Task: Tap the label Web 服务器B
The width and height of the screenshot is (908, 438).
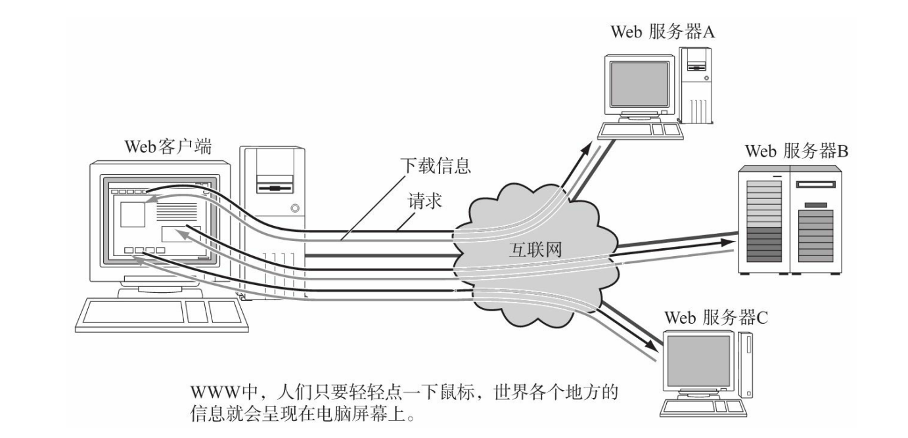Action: click(796, 151)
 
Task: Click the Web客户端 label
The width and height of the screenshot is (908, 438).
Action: click(168, 146)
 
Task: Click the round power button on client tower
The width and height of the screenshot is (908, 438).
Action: click(294, 208)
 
